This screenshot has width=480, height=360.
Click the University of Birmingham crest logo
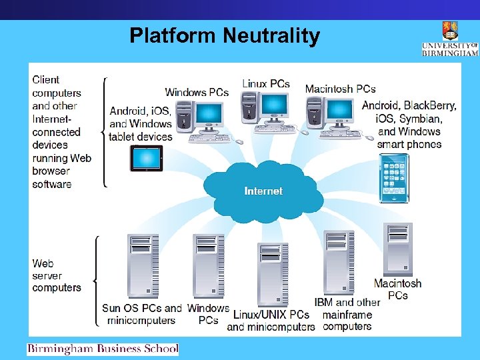pyautogui.click(x=450, y=31)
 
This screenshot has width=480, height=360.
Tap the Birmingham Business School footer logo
pyautogui.click(x=103, y=349)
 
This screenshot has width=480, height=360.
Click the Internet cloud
pyautogui.click(x=263, y=191)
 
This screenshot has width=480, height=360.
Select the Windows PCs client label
pyautogui.click(x=197, y=92)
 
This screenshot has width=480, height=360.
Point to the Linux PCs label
pyautogui.click(x=266, y=83)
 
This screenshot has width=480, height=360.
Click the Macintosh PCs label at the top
pyautogui.click(x=340, y=89)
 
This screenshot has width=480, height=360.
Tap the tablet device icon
pyautogui.click(x=146, y=159)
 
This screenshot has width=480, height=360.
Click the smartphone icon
pyautogui.click(x=393, y=177)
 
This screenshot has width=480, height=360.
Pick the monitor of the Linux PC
pyautogui.click(x=274, y=105)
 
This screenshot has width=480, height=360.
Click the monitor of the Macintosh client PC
pyautogui.click(x=339, y=110)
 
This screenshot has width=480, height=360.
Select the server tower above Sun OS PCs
pyautogui.click(x=143, y=267)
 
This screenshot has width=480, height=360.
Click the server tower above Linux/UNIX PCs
pyautogui.click(x=273, y=274)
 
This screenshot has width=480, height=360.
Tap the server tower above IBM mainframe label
pyautogui.click(x=339, y=264)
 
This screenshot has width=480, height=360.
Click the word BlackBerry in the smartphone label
pyautogui.click(x=431, y=105)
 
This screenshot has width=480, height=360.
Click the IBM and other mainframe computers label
pyautogui.click(x=347, y=314)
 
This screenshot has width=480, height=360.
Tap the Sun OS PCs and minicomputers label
pyautogui.click(x=141, y=314)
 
